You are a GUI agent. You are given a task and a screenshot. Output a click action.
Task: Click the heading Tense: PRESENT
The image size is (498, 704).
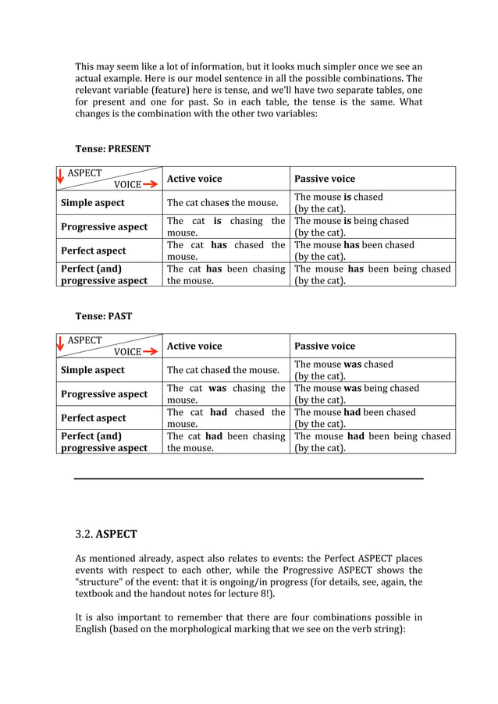click(112, 148)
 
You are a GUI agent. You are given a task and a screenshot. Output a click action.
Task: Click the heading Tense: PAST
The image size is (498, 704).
click(103, 316)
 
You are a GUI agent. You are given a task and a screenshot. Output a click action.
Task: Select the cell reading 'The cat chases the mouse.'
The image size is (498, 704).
click(222, 203)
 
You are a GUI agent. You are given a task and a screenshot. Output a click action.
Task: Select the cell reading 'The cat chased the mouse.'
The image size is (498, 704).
click(222, 370)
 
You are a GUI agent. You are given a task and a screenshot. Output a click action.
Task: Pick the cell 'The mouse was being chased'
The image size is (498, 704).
click(357, 388)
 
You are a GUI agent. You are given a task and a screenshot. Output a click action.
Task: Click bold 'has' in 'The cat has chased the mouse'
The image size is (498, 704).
click(219, 245)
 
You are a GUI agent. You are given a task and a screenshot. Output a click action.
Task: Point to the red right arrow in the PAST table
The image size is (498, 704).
click(150, 352)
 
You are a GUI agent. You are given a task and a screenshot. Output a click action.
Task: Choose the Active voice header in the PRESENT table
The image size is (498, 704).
click(194, 179)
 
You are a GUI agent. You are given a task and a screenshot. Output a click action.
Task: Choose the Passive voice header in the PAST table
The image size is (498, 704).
click(324, 346)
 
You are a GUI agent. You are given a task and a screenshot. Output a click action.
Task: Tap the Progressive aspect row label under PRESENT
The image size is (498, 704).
click(104, 226)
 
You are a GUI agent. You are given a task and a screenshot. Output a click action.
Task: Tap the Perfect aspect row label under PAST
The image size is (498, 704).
click(93, 418)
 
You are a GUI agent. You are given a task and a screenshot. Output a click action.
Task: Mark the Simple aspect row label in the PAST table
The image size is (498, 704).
click(92, 370)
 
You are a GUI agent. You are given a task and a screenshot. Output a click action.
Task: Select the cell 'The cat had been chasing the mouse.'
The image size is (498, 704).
click(226, 442)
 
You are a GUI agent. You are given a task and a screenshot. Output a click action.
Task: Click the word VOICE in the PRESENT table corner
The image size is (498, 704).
click(127, 185)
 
